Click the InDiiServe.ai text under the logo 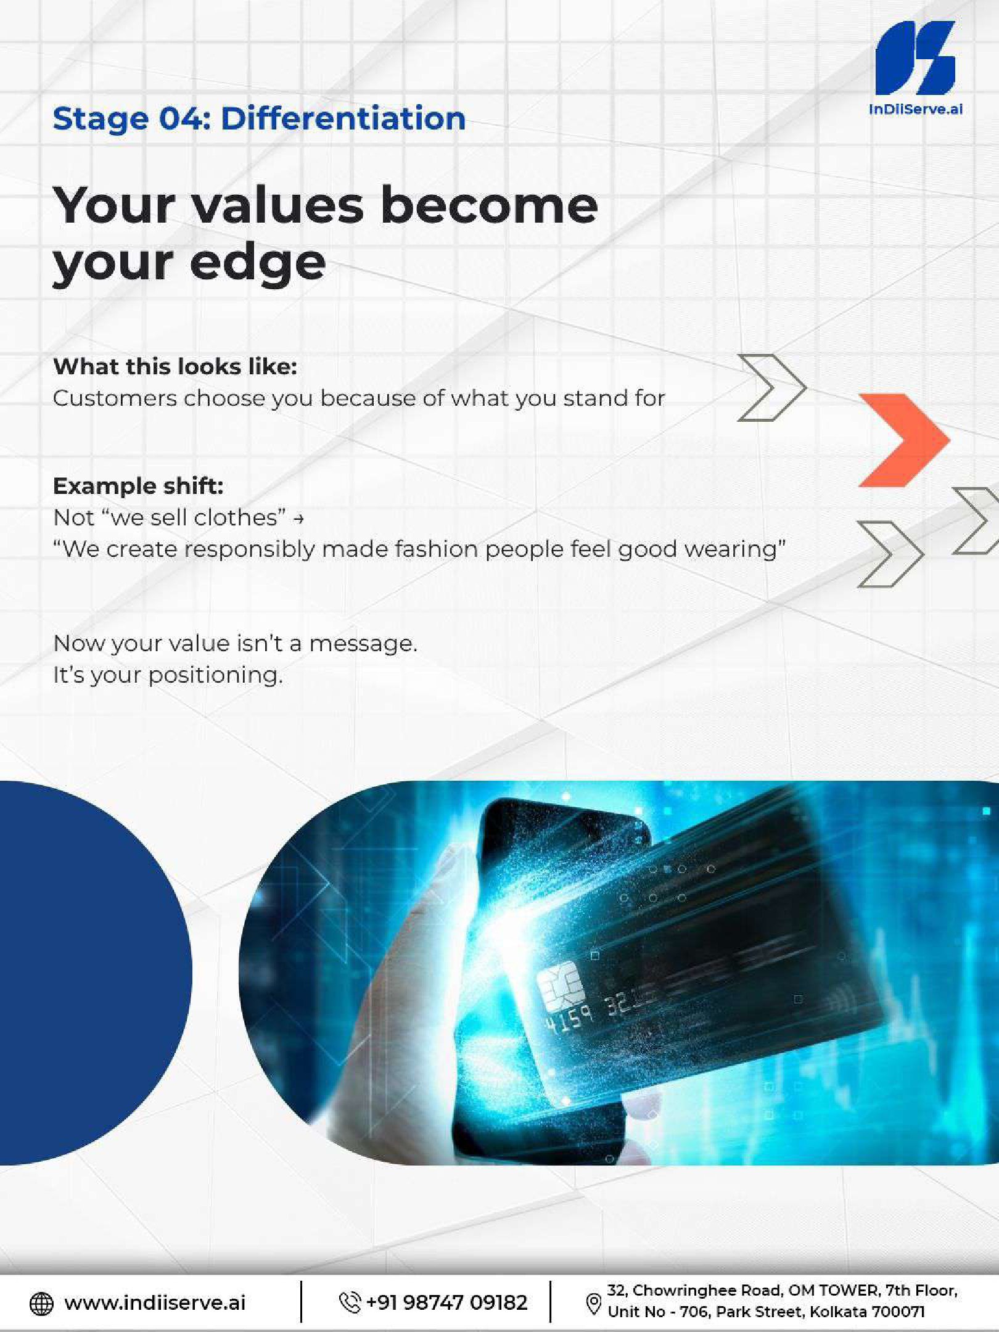point(915,110)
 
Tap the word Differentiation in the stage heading point(343,118)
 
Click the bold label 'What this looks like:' point(175,366)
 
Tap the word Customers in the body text point(115,398)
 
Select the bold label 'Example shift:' point(138,486)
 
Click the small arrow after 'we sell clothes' point(298,519)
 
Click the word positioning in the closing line point(215,676)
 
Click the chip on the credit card point(561,985)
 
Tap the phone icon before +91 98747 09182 point(350,1302)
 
